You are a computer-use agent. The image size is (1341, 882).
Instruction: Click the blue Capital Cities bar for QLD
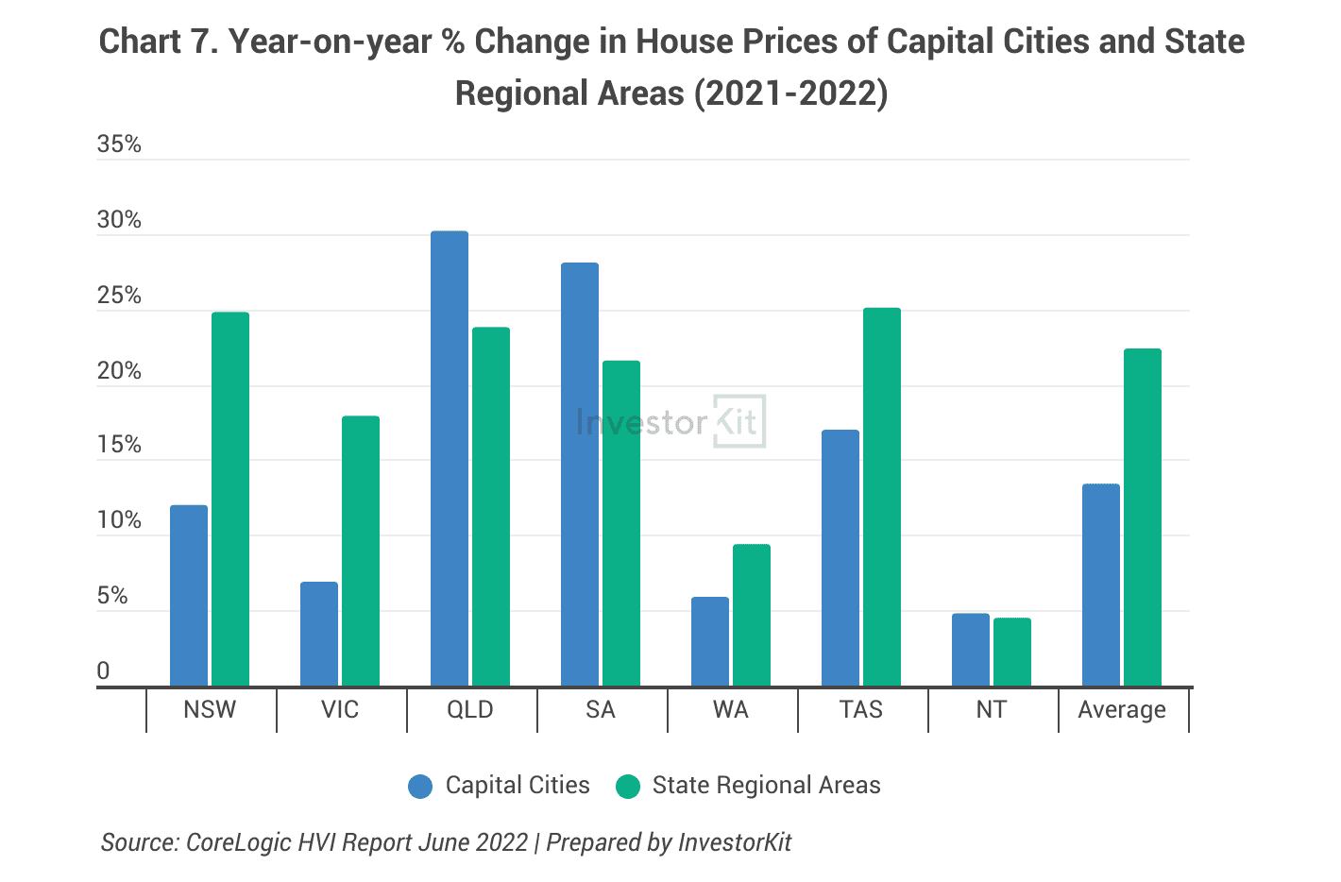pos(450,459)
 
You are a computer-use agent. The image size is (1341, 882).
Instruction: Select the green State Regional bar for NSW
pos(230,499)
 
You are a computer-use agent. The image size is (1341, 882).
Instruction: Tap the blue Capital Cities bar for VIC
pos(319,634)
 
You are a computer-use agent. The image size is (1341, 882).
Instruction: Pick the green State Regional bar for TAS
pos(882,497)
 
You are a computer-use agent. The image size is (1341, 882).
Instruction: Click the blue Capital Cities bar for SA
pos(580,474)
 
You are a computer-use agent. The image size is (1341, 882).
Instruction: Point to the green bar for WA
pos(752,615)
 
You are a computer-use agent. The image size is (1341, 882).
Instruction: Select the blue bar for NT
pos(971,650)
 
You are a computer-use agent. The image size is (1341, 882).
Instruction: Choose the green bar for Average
pos(1143,517)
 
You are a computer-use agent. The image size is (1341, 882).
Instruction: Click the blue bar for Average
pos(1101,585)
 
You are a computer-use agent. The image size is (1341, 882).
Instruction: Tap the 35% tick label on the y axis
pos(119,144)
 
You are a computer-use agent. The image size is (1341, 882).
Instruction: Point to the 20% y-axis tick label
pos(119,371)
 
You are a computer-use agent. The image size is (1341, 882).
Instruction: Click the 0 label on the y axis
pos(104,671)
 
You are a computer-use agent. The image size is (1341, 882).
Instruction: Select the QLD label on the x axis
pos(470,710)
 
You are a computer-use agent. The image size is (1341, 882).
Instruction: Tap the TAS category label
pos(861,710)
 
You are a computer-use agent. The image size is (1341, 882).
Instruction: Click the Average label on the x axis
pos(1122,710)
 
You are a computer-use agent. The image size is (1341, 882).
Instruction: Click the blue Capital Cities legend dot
pos(420,786)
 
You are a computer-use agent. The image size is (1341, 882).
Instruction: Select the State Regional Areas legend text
pos(766,786)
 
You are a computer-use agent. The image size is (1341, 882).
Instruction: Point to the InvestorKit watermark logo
pos(670,421)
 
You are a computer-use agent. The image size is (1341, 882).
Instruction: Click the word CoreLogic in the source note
pos(239,842)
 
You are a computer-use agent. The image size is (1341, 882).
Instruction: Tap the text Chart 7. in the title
pos(159,42)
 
